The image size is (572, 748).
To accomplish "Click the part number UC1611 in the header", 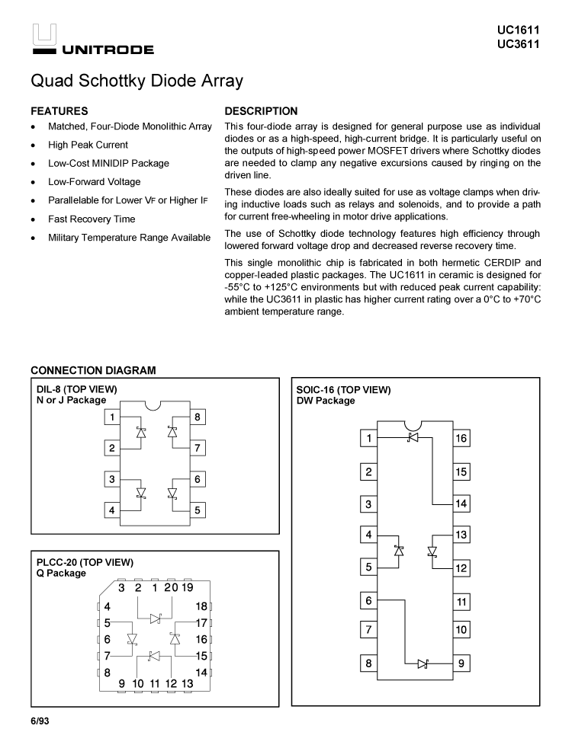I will tap(518, 30).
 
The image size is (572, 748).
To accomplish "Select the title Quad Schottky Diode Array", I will tap(137, 81).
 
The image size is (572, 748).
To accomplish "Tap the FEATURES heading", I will tap(59, 111).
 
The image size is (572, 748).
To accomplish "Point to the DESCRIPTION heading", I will tap(261, 111).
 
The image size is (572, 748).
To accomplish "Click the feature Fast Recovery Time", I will tap(92, 219).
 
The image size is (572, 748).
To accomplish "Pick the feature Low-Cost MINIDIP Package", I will tap(108, 163).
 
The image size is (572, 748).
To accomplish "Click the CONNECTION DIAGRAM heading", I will tap(93, 371).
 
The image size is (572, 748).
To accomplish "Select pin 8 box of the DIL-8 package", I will tap(198, 417).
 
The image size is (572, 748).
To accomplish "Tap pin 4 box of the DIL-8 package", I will tap(112, 510).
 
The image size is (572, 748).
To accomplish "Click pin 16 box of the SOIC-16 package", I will tap(461, 439).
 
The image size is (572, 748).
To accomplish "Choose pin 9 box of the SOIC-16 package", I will tap(461, 663).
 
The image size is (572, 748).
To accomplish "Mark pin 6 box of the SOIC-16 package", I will tap(369, 601).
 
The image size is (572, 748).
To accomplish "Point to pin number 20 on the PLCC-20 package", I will tap(171, 587).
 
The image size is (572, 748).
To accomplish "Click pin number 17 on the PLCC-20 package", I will tap(201, 622).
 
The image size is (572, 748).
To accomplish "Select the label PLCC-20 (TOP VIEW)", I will tap(85, 562).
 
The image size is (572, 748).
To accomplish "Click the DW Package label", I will tap(325, 401).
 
